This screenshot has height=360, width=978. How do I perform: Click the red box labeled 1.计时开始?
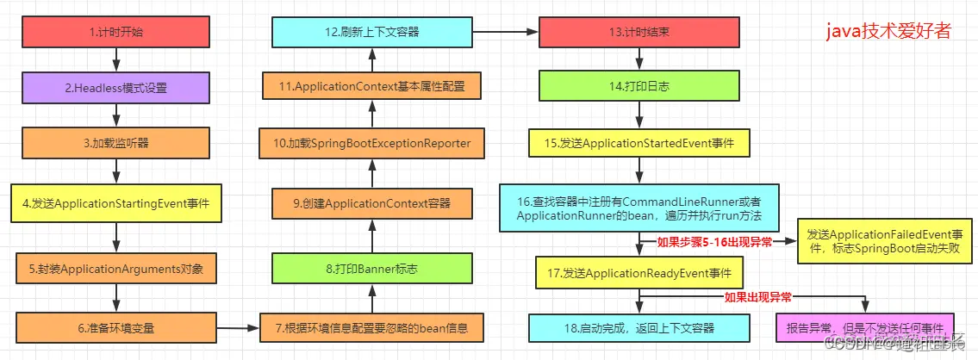pyautogui.click(x=117, y=33)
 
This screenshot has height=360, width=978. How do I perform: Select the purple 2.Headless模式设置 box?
pyautogui.click(x=117, y=88)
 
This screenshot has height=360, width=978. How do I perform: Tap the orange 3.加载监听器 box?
pyautogui.click(x=117, y=143)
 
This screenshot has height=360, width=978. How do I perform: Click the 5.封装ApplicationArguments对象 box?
pyautogui.click(x=117, y=267)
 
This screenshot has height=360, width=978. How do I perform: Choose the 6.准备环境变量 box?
pyautogui.click(x=117, y=327)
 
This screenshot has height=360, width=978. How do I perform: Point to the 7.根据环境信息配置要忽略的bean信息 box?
pyautogui.click(x=373, y=327)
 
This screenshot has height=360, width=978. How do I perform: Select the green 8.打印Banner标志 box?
pyautogui.click(x=373, y=268)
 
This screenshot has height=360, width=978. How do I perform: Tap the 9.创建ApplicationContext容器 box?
pyautogui.click(x=373, y=204)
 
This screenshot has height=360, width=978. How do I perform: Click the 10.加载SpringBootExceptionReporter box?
pyautogui.click(x=373, y=143)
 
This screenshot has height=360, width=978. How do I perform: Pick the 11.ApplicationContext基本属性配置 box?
pyautogui.click(x=373, y=87)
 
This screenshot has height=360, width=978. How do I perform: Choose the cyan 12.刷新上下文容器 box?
pyautogui.click(x=373, y=33)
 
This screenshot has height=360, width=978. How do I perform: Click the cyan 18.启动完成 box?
pyautogui.click(x=639, y=327)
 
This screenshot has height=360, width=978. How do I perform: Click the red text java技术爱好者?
pyautogui.click(x=888, y=33)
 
